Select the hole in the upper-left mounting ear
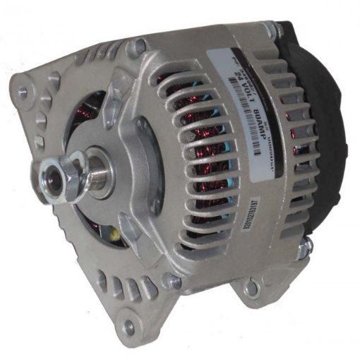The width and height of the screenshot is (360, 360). coord(23,91)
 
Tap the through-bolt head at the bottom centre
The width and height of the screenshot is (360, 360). coord(169,282)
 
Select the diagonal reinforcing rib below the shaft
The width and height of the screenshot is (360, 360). coord(131,226)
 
